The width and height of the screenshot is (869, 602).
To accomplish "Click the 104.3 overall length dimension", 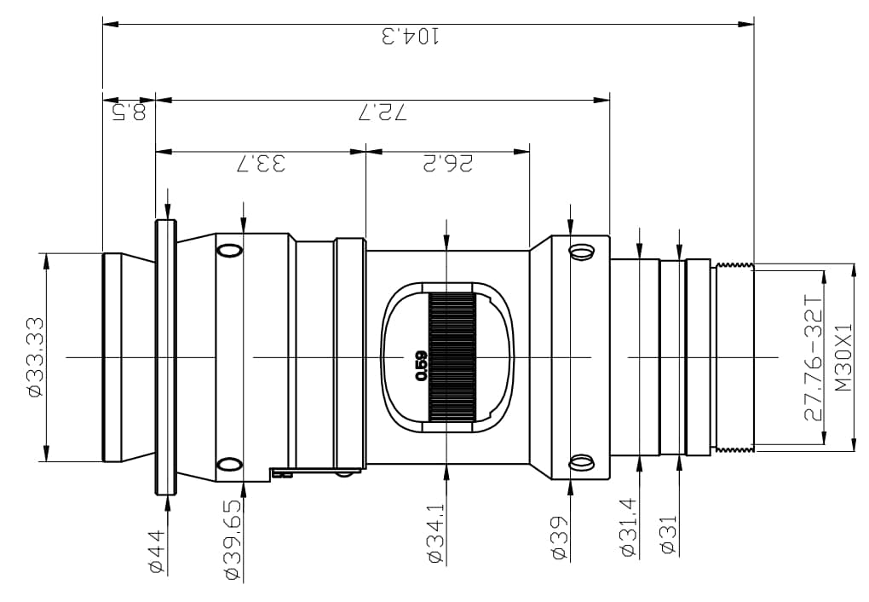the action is (x=411, y=36).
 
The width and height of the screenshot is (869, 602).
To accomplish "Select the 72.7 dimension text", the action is (x=383, y=113).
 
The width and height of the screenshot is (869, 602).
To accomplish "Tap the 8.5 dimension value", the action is (x=129, y=112).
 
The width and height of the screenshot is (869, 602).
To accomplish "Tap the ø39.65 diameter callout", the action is (x=233, y=540).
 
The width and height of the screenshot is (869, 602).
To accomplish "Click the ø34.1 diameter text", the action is (x=437, y=533).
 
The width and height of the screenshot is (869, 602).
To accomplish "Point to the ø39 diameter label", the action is (x=560, y=537).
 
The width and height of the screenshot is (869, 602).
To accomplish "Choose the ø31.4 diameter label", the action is (x=629, y=527).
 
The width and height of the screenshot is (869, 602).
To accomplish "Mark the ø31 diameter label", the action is (x=669, y=534).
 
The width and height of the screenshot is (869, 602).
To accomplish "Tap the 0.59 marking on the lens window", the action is (x=421, y=366).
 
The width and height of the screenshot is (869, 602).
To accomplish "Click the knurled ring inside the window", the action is (x=452, y=356).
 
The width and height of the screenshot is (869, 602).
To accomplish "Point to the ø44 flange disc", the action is (x=166, y=356).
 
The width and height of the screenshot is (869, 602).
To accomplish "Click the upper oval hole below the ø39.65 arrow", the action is (x=230, y=250).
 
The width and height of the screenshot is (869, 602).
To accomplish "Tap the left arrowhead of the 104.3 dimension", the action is (x=110, y=25).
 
